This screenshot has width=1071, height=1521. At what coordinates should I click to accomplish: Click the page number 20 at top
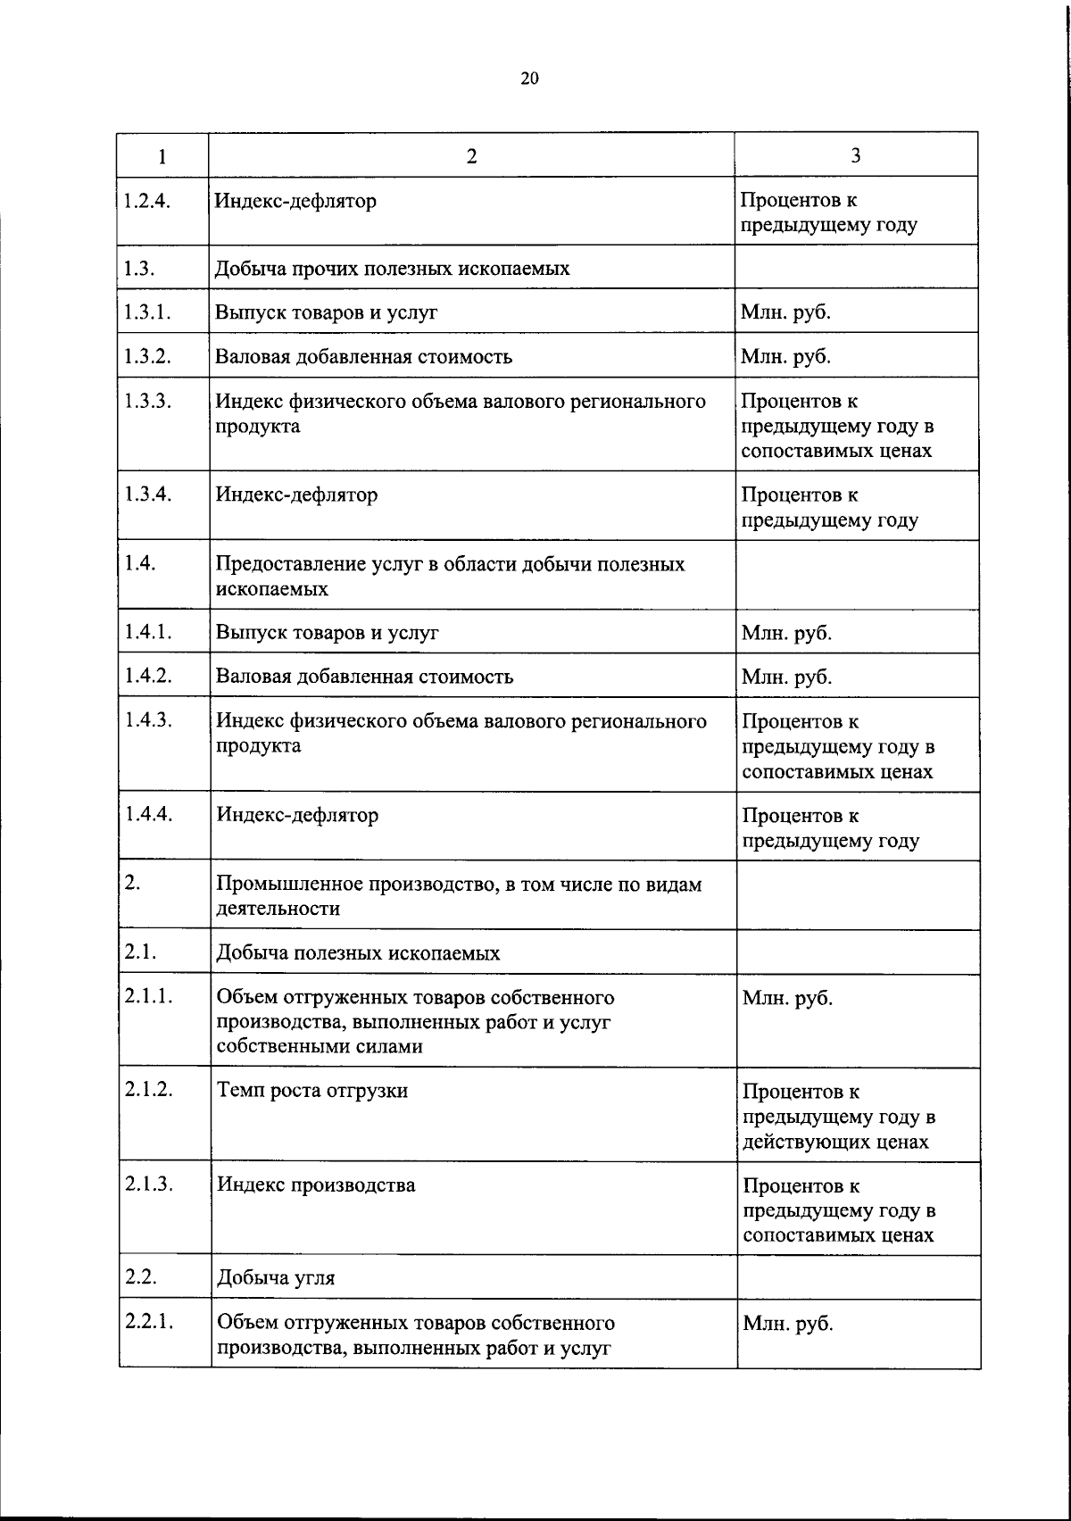529,79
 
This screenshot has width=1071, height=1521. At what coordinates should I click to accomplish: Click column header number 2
471,156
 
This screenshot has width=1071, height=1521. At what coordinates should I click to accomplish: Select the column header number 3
856,156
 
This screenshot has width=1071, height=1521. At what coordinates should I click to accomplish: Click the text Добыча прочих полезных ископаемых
392,268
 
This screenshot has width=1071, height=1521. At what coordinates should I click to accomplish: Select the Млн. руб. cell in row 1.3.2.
785,356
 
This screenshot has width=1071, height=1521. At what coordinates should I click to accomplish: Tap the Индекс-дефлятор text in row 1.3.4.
296,495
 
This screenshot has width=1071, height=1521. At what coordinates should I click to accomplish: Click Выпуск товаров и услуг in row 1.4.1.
328,633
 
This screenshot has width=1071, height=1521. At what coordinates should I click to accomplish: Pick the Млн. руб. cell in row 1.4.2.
786,677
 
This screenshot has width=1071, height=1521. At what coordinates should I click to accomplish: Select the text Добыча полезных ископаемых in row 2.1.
358,952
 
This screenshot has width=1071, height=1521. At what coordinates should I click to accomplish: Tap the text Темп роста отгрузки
312,1090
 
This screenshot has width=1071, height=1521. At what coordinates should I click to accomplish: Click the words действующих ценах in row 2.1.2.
835,1142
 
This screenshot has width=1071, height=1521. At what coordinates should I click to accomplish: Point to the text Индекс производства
316,1185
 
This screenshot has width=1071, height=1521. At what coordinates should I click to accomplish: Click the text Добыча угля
276,1277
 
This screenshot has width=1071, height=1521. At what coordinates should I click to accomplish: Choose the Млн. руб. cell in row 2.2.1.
787,1323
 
